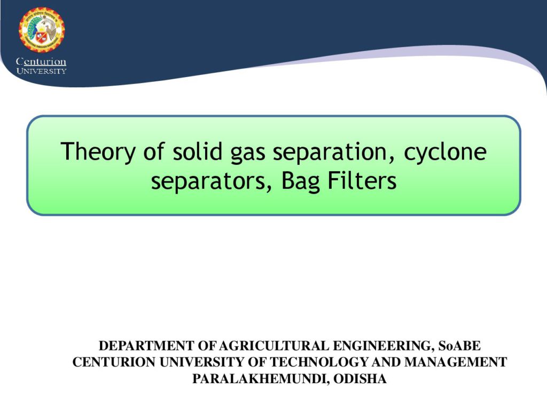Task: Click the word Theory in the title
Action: pyautogui.click(x=98, y=152)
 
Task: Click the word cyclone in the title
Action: pyautogui.click(x=445, y=152)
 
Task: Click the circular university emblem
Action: pyautogui.click(x=42, y=30)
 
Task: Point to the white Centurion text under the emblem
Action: pyautogui.click(x=41, y=62)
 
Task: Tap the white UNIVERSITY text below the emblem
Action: pyautogui.click(x=41, y=71)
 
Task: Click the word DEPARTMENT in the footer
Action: pyautogui.click(x=146, y=346)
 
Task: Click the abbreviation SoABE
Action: pyautogui.click(x=459, y=346)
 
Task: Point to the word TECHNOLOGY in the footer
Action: pyautogui.click(x=319, y=362)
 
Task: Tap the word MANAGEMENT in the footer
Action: pyautogui.click(x=456, y=362)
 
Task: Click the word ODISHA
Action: pyautogui.click(x=360, y=379)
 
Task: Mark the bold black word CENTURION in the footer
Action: pyautogui.click(x=114, y=362)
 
